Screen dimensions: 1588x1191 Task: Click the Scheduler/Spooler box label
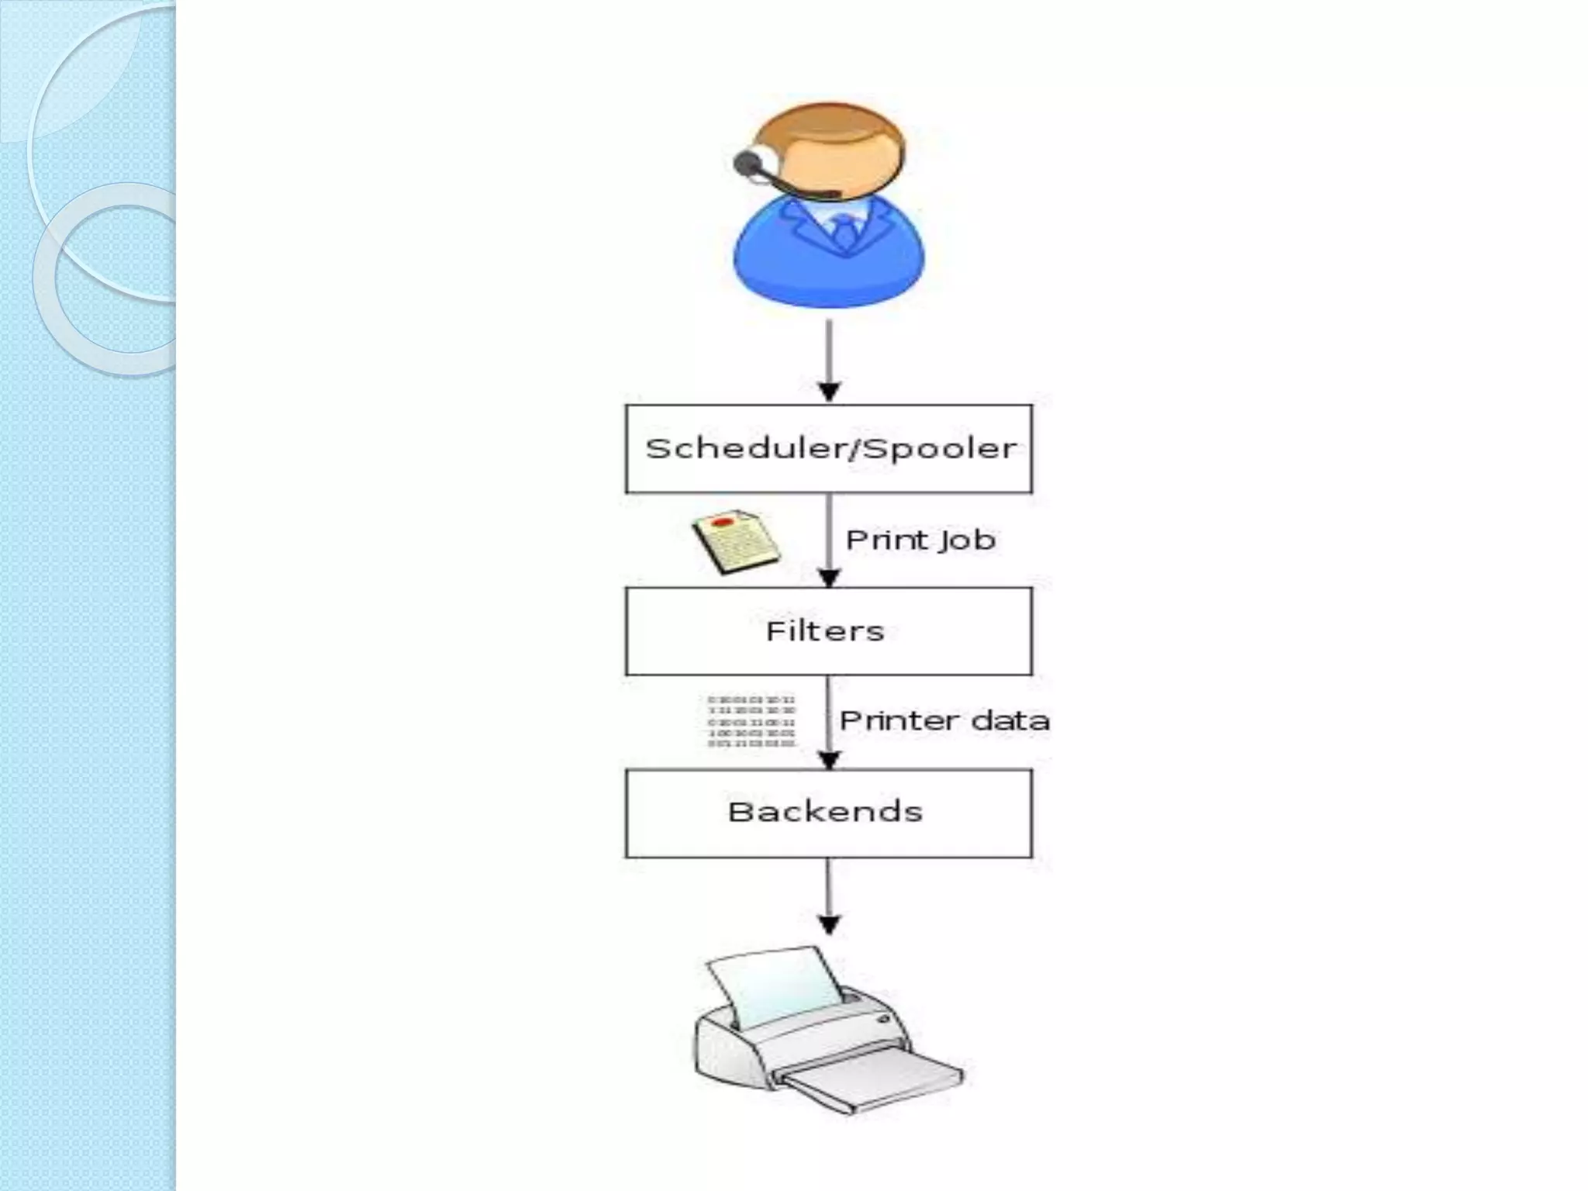(830, 449)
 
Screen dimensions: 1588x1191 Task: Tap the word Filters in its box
(825, 631)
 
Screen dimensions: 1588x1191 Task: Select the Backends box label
(825, 812)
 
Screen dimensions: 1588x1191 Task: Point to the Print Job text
(920, 540)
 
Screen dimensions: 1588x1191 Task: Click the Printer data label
(944, 721)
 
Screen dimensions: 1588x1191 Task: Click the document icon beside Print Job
(735, 542)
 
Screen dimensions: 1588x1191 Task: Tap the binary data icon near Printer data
(751, 722)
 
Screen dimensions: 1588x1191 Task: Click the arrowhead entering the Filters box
(830, 578)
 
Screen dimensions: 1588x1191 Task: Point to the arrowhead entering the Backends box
(830, 760)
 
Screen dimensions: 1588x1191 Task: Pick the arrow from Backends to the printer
(829, 896)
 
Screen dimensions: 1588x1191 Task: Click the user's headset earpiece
(747, 163)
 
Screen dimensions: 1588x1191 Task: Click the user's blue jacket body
(783, 264)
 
